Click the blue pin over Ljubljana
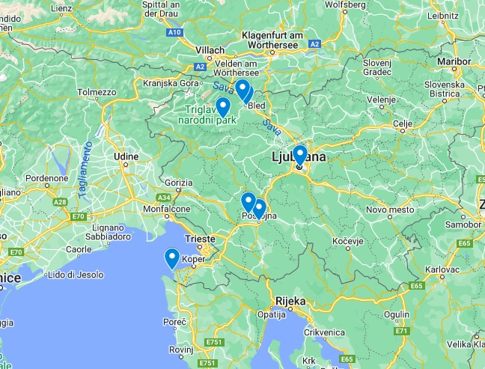pyautogui.click(x=299, y=154)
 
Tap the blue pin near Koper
pyautogui.click(x=171, y=257)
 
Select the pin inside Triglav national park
pyautogui.click(x=222, y=106)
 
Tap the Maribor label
pyautogui.click(x=456, y=61)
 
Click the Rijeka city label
pyautogui.click(x=290, y=301)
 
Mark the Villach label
pyautogui.click(x=210, y=50)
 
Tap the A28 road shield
pyautogui.click(x=61, y=202)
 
